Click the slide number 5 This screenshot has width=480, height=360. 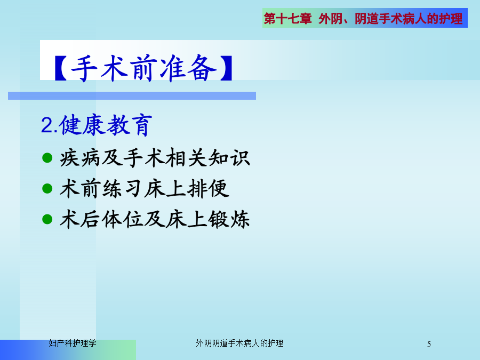pos(429,344)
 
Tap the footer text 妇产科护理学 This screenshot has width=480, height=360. pos(73,343)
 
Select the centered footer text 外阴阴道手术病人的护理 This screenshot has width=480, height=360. pos(239,343)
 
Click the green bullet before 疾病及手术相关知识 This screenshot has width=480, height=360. pos(47,158)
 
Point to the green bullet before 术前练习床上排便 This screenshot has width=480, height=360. pos(47,188)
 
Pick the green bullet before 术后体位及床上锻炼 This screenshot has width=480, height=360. pos(47,219)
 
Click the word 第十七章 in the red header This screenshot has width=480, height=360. pos(288,18)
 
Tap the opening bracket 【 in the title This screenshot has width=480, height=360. pos(61,68)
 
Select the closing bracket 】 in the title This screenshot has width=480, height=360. pos(226,68)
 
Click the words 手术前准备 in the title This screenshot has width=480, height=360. pos(143,68)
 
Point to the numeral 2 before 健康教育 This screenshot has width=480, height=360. pos(47,125)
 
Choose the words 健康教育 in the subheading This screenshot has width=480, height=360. pos(106,125)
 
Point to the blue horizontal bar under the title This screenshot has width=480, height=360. pos(132,95)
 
